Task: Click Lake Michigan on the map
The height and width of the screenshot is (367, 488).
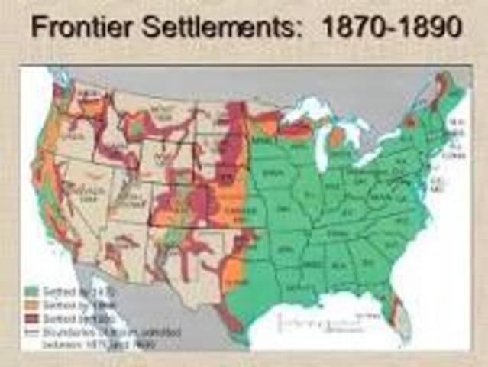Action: (324, 141)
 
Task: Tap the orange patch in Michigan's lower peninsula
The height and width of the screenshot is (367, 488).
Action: (337, 138)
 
